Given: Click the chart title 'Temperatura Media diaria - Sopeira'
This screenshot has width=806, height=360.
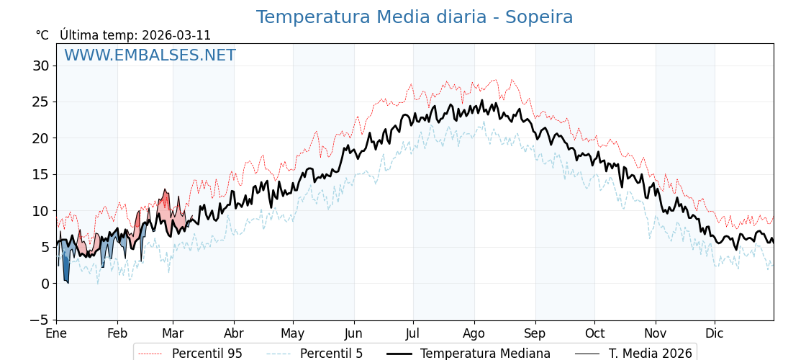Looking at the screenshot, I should coord(415,17).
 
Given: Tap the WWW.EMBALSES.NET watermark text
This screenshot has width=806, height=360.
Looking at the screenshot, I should coord(150,55).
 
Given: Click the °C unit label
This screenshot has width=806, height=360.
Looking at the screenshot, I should coord(42,35).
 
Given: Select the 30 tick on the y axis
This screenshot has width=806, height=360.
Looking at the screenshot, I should coord(40,66).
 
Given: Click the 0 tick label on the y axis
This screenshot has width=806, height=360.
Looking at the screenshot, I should coord(45,283).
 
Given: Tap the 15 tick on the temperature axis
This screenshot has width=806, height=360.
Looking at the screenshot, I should coord(40,174).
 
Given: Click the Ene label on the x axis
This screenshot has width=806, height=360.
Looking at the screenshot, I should coord(56,333).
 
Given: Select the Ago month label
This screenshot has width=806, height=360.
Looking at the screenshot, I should coord(474,333).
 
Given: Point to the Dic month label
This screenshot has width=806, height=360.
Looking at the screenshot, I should coord(714,333).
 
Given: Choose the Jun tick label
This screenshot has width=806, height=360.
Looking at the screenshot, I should coord(353,333).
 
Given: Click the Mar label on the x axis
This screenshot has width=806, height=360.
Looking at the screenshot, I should coord(173,333).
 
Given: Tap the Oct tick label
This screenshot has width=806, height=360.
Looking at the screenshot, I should coord(594,333).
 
